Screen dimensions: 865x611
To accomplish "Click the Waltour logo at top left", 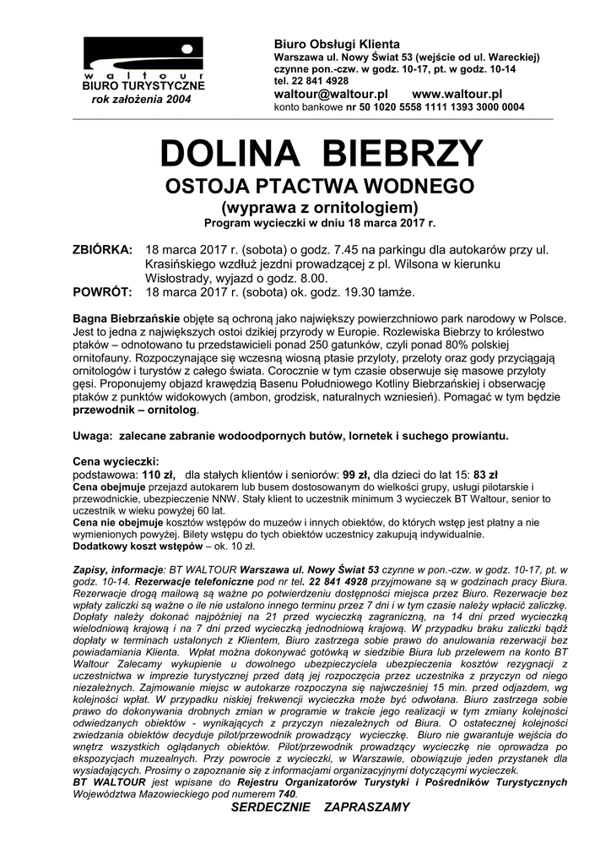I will click(143, 57).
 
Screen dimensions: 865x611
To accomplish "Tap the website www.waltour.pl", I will click(457, 94).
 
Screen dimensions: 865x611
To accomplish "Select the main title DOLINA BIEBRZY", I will click(321, 154).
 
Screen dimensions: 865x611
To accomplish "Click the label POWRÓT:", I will click(100, 292).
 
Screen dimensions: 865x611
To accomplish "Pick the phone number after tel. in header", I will click(319, 81).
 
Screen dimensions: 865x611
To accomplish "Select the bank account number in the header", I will click(435, 107).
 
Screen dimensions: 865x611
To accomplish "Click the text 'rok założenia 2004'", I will click(141, 100).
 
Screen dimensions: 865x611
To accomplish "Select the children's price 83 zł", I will click(486, 475).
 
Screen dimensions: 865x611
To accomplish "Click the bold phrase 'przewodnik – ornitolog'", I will click(135, 410).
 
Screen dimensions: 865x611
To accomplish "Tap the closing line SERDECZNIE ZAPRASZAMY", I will click(320, 807).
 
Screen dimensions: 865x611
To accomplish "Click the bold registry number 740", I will click(287, 794).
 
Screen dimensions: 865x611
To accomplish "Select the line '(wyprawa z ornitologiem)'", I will click(320, 207).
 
